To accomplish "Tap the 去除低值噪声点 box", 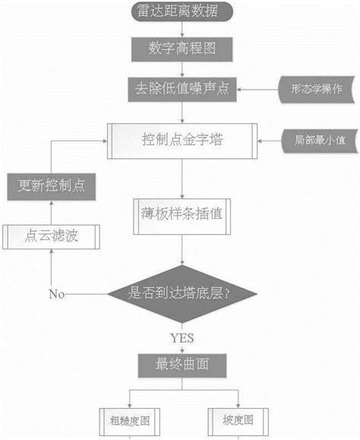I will coord(180,90).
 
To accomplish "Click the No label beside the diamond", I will coord(57,293).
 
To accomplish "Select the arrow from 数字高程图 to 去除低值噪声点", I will coord(180,70).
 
